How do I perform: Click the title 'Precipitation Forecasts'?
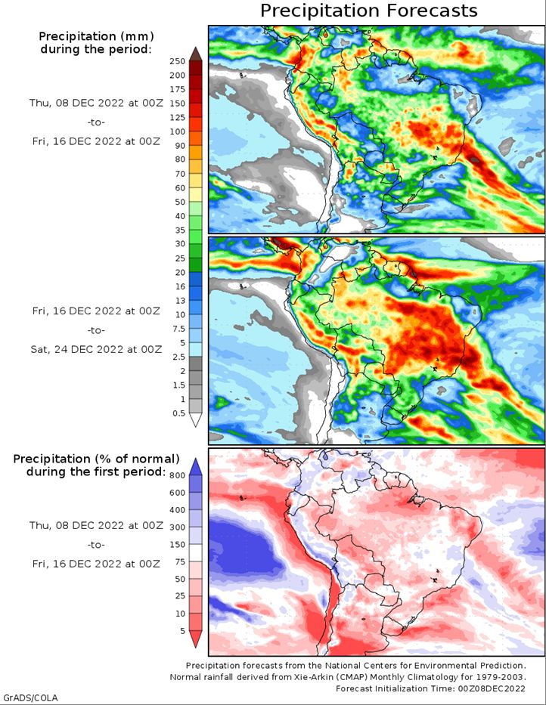coord(369,11)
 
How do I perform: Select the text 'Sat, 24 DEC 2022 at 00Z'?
coord(95,349)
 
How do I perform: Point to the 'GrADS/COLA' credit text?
coord(30,697)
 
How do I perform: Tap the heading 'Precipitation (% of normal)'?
coord(96,459)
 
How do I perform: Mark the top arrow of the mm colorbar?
coord(195,53)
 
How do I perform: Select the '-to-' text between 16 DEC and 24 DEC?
coord(95,329)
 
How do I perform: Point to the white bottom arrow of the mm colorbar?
coord(195,420)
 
